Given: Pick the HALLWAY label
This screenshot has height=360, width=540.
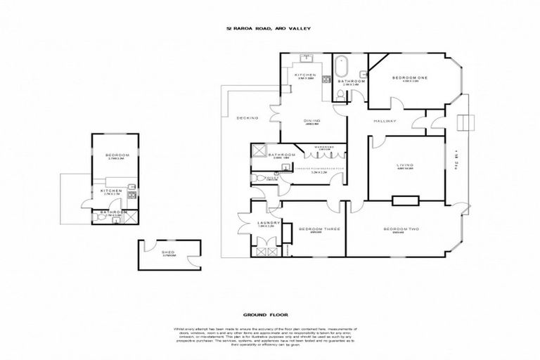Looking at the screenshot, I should [385, 121].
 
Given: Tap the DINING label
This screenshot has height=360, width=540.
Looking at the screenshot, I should [312, 120].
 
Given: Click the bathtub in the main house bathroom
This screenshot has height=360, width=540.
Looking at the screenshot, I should [342, 67].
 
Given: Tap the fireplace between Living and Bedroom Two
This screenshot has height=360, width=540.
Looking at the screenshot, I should [405, 201].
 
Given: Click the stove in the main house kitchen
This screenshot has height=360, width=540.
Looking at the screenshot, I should [326, 79].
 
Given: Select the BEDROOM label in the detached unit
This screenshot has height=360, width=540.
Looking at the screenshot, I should [115, 155].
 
